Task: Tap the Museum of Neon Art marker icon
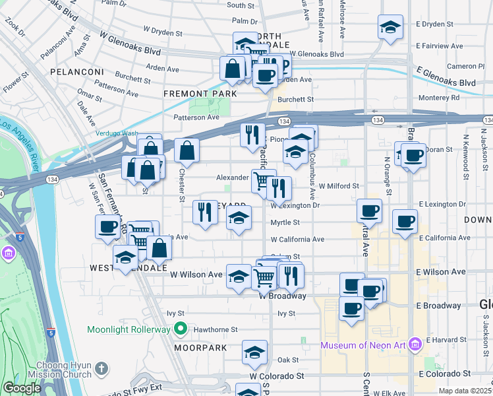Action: coord(414,345)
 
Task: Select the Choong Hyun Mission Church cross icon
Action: coord(100,368)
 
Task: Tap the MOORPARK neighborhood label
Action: coord(200,347)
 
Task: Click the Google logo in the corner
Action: coord(22,388)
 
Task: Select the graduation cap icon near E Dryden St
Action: coord(390,28)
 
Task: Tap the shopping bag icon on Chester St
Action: coord(188,149)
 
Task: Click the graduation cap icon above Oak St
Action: coord(254,352)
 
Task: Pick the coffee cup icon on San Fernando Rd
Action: coord(107,228)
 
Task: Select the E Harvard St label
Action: coord(445,340)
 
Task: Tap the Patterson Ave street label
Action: coord(196,117)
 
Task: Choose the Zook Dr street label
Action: coord(14,25)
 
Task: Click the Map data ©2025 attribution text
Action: coord(465,391)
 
